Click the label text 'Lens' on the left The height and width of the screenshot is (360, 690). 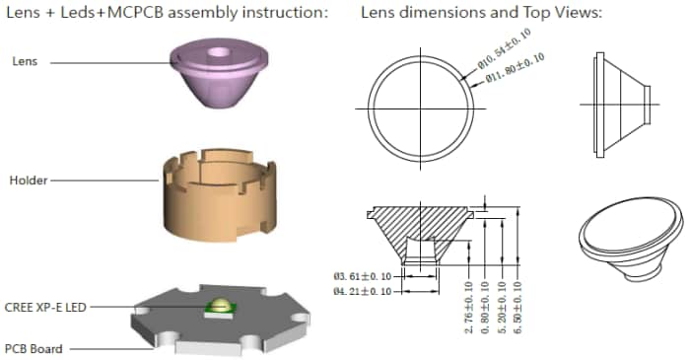coord(25,61)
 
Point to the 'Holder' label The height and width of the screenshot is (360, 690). coord(29,181)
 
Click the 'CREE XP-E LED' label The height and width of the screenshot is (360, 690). coord(45,308)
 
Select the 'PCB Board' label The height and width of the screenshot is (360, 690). coord(35,348)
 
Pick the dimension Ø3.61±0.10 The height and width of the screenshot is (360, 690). coord(365,277)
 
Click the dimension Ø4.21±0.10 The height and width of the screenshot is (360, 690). coord(365,291)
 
